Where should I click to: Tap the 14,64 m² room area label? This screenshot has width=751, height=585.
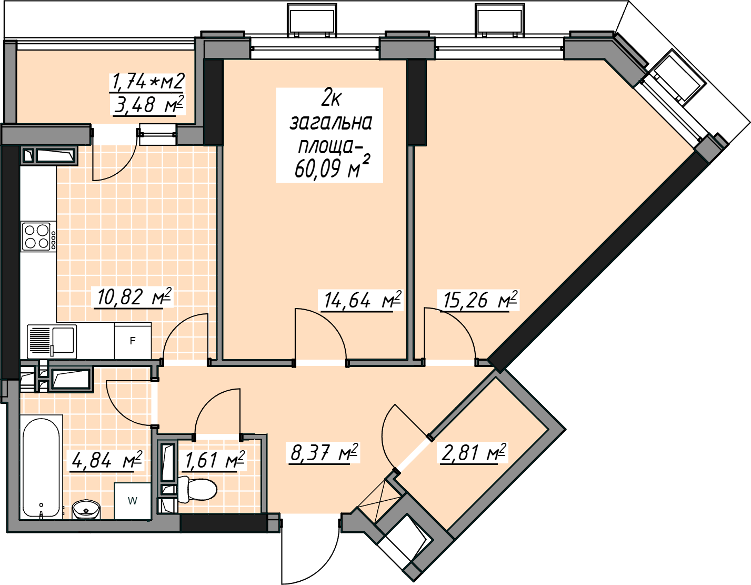tap(362, 300)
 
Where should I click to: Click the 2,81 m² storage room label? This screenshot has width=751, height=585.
tap(473, 453)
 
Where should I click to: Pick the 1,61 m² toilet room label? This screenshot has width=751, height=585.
tap(215, 460)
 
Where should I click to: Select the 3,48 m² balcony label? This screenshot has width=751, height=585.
tap(149, 104)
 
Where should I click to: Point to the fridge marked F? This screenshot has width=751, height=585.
tap(133, 341)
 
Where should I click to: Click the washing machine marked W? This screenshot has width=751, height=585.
tap(133, 501)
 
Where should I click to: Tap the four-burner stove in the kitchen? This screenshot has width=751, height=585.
tap(38, 236)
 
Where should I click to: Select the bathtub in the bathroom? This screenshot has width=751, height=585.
tap(41, 467)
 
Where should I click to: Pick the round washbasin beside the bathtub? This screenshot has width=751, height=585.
tap(86, 509)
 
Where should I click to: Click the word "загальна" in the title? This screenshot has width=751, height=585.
tap(331, 123)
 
